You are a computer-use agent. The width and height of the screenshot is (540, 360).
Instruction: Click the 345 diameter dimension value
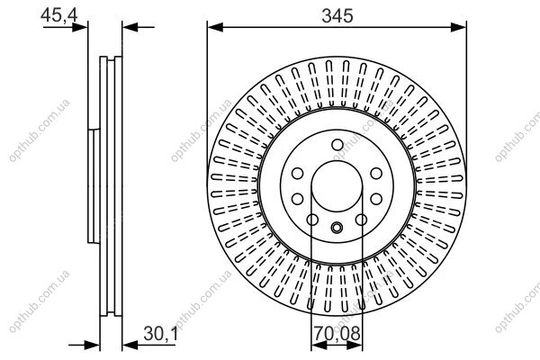click(337, 16)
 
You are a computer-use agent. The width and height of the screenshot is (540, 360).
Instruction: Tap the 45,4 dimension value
click(58, 14)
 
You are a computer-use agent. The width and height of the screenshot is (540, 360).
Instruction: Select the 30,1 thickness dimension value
click(160, 333)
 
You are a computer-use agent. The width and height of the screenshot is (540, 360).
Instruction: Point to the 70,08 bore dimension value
click(337, 333)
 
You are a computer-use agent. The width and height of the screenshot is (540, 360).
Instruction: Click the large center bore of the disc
click(337, 186)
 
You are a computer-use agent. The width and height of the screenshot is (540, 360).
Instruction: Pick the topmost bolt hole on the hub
click(337, 145)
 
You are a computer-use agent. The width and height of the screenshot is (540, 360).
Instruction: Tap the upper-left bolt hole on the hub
click(298, 173)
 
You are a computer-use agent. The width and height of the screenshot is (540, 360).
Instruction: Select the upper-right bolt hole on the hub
click(376, 173)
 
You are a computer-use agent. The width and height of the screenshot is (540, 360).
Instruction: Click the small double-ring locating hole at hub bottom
click(337, 228)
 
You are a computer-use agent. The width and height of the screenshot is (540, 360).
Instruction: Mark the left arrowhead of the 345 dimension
click(215, 27)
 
